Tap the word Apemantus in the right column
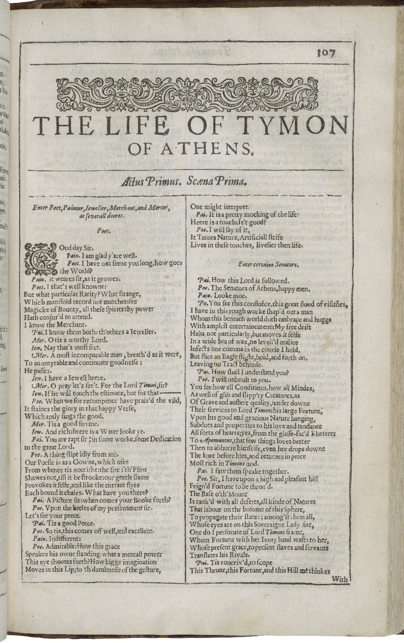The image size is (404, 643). [x=215, y=441]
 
